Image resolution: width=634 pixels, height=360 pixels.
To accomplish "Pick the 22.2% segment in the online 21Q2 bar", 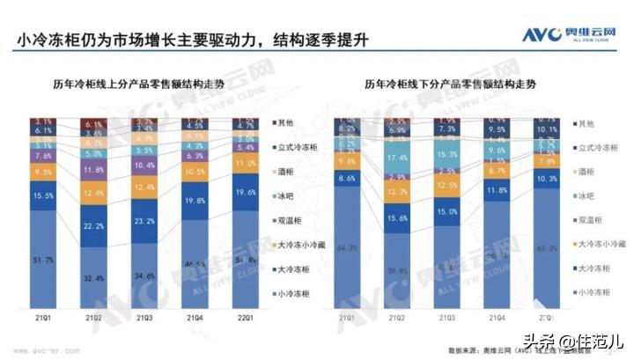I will [94, 228].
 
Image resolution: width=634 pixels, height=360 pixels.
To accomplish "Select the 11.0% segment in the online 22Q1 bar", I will [246, 165].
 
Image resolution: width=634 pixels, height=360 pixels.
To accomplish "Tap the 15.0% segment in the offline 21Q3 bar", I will [447, 212].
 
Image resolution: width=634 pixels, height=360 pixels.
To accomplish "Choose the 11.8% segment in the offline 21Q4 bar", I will [498, 190].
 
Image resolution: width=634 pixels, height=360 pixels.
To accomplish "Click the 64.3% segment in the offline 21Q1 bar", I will [346, 250].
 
